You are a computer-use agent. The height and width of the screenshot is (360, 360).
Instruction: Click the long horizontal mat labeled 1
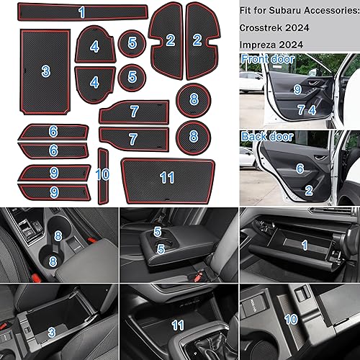(x=81, y=12)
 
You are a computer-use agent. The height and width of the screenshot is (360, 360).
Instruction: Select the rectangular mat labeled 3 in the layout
(x=45, y=71)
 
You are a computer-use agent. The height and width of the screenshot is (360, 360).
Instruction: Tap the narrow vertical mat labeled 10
(x=102, y=174)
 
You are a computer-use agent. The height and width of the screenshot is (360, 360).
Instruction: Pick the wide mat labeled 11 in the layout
(x=167, y=177)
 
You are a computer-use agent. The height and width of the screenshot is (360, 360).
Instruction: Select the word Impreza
(x=265, y=45)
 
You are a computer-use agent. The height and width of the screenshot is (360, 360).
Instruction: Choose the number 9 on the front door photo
(x=297, y=89)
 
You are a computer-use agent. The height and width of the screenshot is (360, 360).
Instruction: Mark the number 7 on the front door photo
(x=300, y=110)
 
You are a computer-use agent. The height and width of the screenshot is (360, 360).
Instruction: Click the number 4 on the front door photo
(x=312, y=110)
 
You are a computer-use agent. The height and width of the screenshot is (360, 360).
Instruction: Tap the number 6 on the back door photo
(x=298, y=168)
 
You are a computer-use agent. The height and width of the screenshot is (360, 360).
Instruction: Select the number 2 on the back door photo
(x=307, y=190)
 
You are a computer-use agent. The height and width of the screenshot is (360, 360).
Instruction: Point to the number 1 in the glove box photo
(x=303, y=245)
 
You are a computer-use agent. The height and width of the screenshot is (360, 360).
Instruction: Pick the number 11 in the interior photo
(x=179, y=325)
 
